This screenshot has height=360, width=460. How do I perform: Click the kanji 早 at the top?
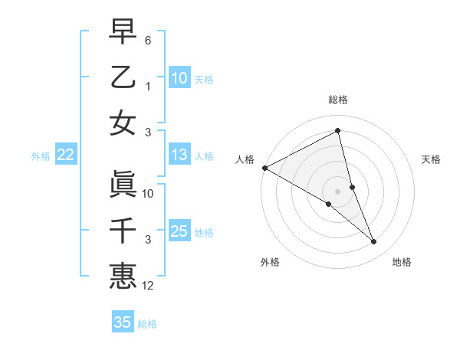pyautogui.click(x=123, y=32)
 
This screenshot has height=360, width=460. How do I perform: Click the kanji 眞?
pyautogui.click(x=123, y=184)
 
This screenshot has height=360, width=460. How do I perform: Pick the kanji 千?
pyautogui.click(x=123, y=230)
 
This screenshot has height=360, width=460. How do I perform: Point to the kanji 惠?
pyautogui.click(x=123, y=275)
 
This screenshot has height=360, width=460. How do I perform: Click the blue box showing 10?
pyautogui.click(x=179, y=78)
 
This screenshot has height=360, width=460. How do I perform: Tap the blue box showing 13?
pyautogui.click(x=179, y=155)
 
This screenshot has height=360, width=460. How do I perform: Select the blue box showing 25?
pyautogui.click(x=179, y=231)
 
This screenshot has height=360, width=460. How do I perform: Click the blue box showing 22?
pyautogui.click(x=65, y=155)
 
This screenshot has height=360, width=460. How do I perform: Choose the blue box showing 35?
pyautogui.click(x=123, y=322)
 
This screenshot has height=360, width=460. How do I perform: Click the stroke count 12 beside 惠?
pyautogui.click(x=149, y=286)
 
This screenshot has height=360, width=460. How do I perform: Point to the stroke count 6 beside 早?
pyautogui.click(x=148, y=39)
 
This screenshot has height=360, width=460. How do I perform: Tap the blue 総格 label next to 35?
pyautogui.click(x=147, y=324)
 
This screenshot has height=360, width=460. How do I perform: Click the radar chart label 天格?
pyautogui.click(x=432, y=159)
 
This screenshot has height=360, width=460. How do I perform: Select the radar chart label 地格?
pyautogui.click(x=402, y=262)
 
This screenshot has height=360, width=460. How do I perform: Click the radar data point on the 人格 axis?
pyautogui.click(x=264, y=167)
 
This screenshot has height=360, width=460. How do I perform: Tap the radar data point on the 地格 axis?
pyautogui.click(x=374, y=242)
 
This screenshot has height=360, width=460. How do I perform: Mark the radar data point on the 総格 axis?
pyautogui.click(x=338, y=131)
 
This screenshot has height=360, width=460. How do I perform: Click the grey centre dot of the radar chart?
pyautogui.click(x=338, y=191)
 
